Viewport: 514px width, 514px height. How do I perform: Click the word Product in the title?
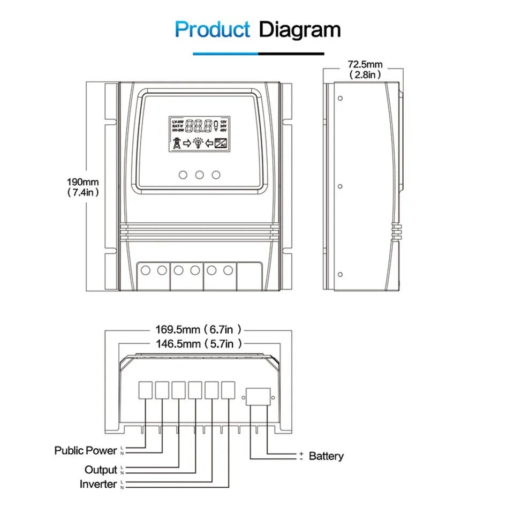(212, 29)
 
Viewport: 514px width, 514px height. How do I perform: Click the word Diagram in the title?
(299, 29)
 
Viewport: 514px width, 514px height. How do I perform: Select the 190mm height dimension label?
(83, 187)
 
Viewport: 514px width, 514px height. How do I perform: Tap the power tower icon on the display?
(176, 143)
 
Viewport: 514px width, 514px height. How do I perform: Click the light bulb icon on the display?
(198, 143)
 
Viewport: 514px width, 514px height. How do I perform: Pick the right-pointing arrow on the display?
(187, 143)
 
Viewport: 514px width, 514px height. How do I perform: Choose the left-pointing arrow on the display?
(209, 143)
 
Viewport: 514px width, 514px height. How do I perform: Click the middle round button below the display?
(200, 175)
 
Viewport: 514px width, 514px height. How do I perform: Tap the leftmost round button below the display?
(183, 175)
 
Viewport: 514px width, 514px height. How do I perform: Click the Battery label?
(326, 456)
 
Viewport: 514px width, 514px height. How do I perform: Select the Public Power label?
(85, 450)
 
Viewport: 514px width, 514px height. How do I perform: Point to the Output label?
(101, 470)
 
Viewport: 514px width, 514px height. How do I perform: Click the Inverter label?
(98, 484)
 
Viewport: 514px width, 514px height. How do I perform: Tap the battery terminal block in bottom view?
(258, 397)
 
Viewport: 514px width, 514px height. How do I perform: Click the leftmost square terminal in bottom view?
(146, 390)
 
